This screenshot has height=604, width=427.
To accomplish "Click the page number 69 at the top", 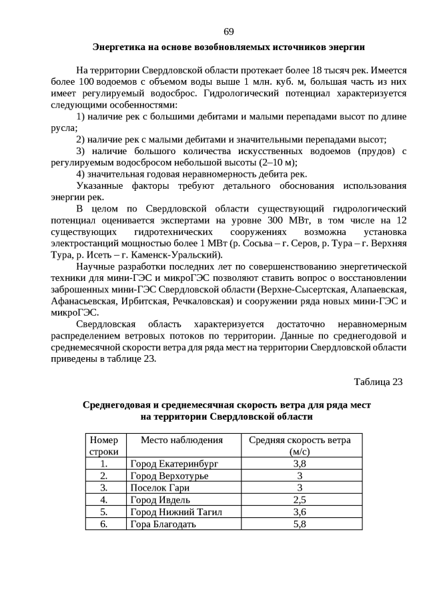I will pyautogui.click(x=228, y=31).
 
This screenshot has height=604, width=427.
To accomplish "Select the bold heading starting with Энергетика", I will pyautogui.click(x=228, y=47).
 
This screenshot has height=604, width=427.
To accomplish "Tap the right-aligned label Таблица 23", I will pyautogui.click(x=378, y=382).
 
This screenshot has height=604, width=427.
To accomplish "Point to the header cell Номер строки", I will pyautogui.click(x=103, y=445).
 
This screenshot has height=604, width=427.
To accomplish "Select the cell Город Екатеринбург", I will pyautogui.click(x=174, y=463).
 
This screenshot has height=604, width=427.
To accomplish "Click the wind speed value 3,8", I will pyautogui.click(x=300, y=463).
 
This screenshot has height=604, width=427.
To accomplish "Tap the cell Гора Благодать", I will pyautogui.click(x=163, y=524).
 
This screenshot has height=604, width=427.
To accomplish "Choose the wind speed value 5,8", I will pyautogui.click(x=300, y=524).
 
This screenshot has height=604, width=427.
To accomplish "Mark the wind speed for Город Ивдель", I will pyautogui.click(x=300, y=500).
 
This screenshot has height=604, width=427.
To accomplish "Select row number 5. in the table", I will pyautogui.click(x=103, y=512).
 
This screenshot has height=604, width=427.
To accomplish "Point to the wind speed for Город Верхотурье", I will pyautogui.click(x=300, y=476).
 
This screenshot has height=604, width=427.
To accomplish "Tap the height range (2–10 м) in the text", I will pyautogui.click(x=276, y=162).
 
